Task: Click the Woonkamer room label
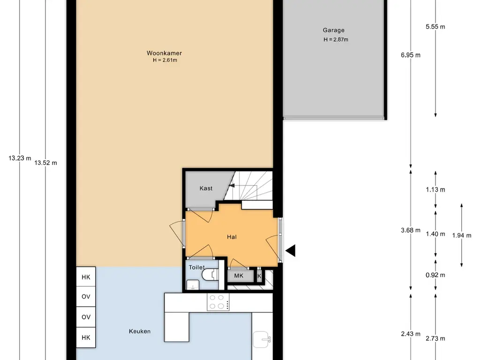click(x=165, y=53)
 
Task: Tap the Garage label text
click(x=334, y=30)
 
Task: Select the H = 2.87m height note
click(x=336, y=39)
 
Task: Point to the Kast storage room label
click(x=206, y=188)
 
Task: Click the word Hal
click(x=232, y=237)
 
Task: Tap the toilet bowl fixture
click(x=210, y=274)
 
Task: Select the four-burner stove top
click(x=218, y=302)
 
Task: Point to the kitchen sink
click(x=262, y=339)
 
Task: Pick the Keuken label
click(x=140, y=331)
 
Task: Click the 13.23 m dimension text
click(x=20, y=158)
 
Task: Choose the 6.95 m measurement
click(x=411, y=55)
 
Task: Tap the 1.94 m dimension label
click(x=462, y=235)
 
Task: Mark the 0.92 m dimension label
click(x=435, y=275)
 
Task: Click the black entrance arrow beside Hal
click(x=290, y=250)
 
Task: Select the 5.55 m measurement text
click(x=435, y=27)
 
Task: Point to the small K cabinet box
click(x=259, y=276)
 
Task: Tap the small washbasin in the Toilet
click(x=193, y=285)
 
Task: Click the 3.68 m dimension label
click(x=411, y=230)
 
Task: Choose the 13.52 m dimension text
click(x=45, y=163)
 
